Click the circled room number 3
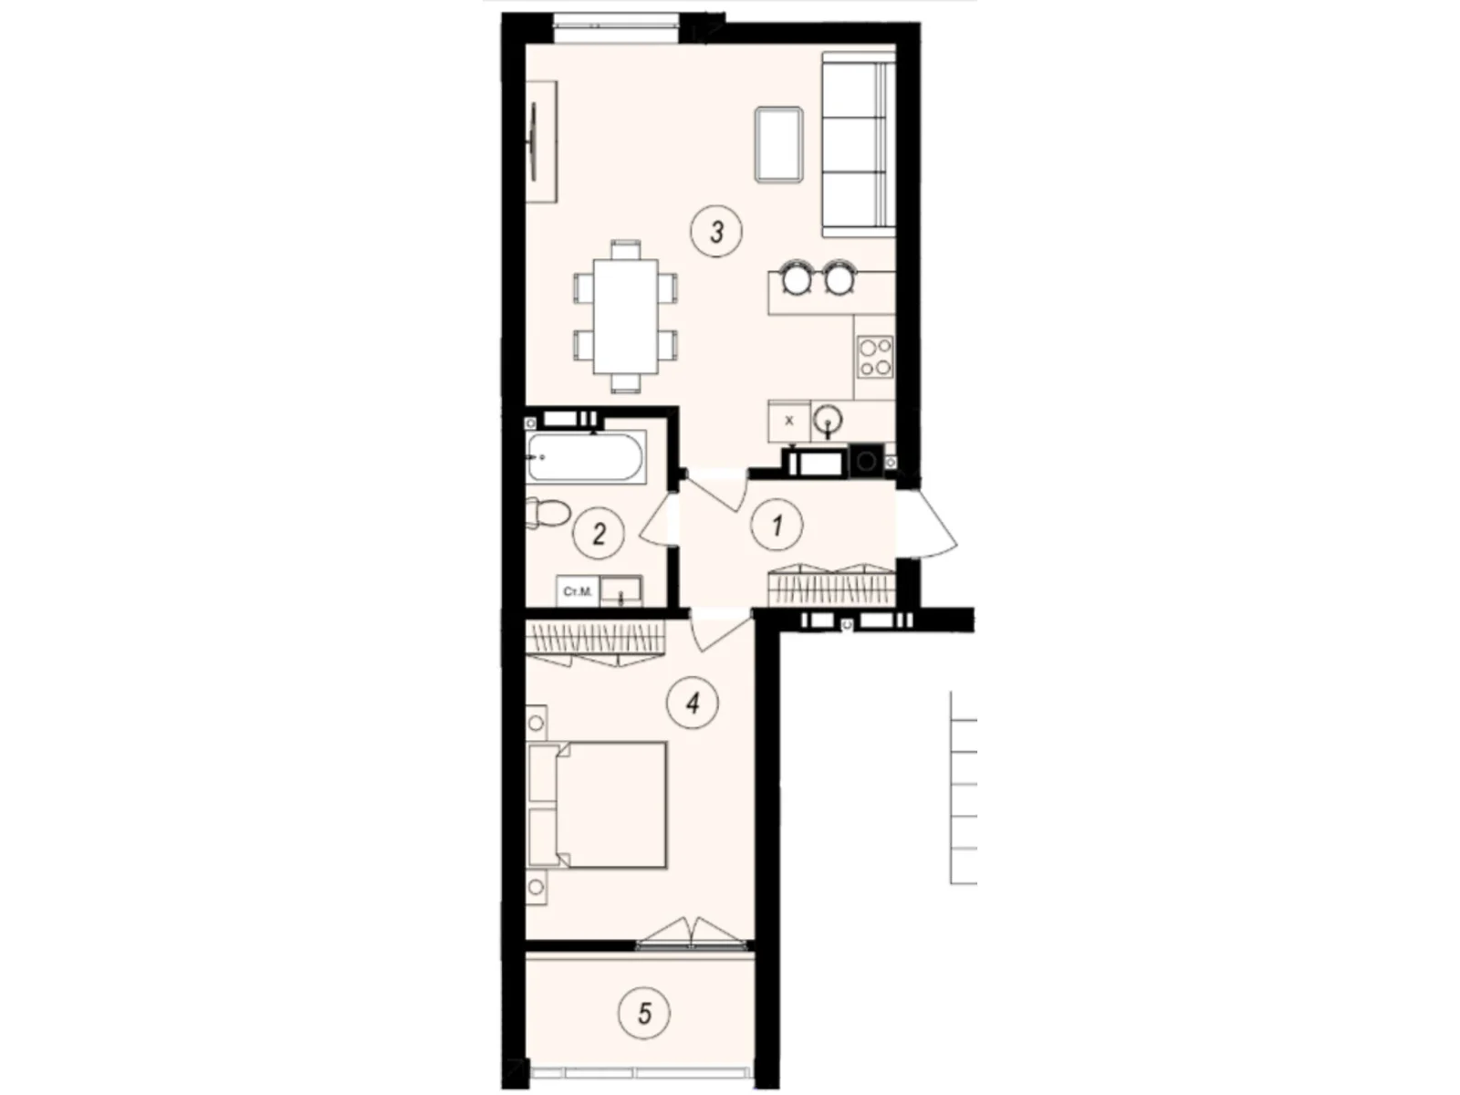[716, 232]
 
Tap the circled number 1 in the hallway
[777, 526]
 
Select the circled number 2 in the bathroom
[599, 533]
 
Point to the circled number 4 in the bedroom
[693, 703]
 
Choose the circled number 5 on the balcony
[644, 1013]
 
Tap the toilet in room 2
[546, 513]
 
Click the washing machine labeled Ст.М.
[578, 591]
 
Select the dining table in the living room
[625, 316]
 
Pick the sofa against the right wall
[858, 143]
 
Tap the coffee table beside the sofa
[778, 143]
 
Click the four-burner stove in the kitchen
[874, 356]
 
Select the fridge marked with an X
[789, 420]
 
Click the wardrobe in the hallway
[829, 584]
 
